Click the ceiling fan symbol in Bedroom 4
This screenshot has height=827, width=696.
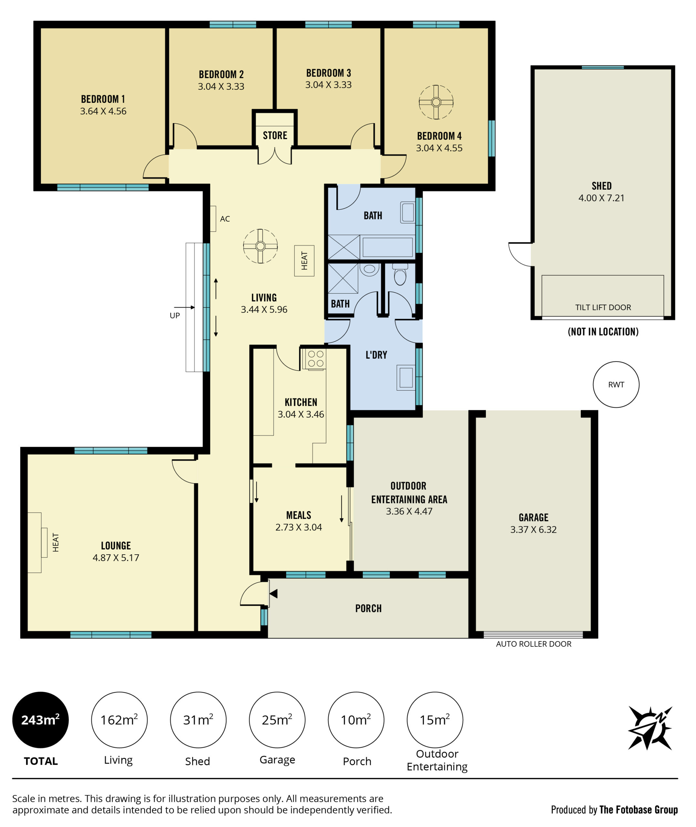436,102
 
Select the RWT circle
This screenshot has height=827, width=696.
616,384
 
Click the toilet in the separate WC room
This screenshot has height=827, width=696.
400,274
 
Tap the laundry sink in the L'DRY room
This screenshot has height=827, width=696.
406,378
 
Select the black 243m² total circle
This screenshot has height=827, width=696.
41,720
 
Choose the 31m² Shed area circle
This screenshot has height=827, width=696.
198,720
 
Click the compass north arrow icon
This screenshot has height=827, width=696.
650,728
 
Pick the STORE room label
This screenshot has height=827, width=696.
275,135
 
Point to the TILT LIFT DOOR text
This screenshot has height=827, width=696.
603,307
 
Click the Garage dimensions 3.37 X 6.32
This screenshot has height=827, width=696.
533,529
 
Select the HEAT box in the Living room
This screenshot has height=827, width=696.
304,260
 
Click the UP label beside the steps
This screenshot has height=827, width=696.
175,315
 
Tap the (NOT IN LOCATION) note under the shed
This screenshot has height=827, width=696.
603,331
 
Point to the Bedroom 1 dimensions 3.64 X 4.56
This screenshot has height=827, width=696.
103,111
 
